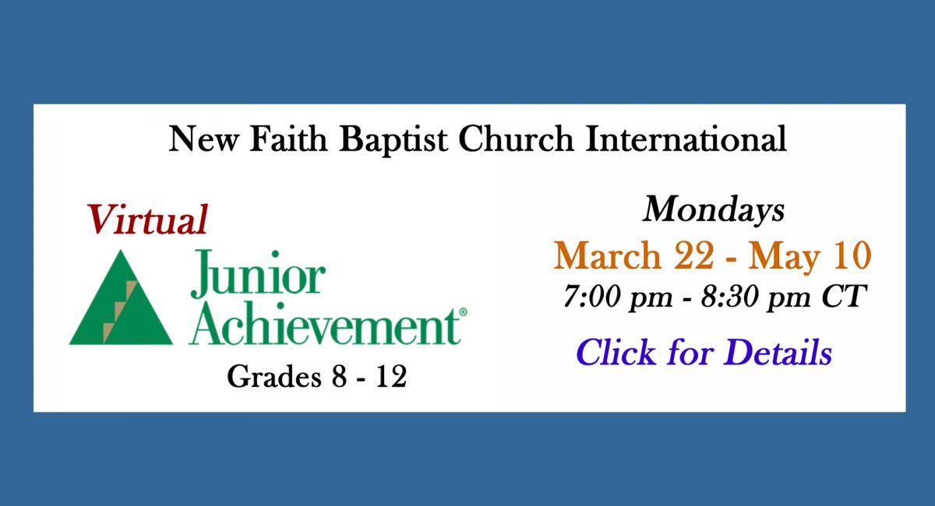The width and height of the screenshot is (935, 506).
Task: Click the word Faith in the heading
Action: (x=288, y=139)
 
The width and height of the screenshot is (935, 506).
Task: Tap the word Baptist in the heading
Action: (x=393, y=140)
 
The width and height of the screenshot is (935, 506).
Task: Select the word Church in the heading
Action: (x=516, y=139)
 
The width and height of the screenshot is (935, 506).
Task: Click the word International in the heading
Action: (x=686, y=139)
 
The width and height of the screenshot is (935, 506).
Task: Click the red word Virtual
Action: (x=147, y=220)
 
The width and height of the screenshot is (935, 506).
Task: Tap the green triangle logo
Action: (x=121, y=297)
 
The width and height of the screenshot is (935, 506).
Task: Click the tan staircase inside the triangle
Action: (x=120, y=311)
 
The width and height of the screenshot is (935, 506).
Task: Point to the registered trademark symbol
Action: (x=463, y=312)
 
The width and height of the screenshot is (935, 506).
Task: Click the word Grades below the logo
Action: (x=273, y=376)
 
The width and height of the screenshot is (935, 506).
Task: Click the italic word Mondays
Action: (x=714, y=210)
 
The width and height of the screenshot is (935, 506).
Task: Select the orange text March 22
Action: (x=633, y=255)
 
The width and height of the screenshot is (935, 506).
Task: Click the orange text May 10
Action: (x=810, y=255)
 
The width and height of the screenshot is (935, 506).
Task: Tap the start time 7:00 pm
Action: (x=618, y=297)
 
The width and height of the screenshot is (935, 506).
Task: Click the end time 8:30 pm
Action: (x=756, y=297)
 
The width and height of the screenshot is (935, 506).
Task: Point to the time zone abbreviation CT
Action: (x=844, y=296)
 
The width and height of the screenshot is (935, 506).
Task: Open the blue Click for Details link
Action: (x=704, y=352)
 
